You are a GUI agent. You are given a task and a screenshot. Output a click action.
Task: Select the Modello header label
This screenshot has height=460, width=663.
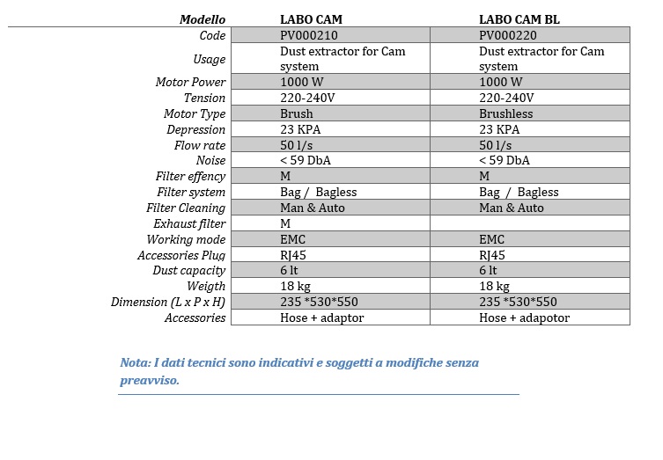pos(203,19)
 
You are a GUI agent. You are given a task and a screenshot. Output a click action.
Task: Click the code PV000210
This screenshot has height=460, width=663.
pos(309,36)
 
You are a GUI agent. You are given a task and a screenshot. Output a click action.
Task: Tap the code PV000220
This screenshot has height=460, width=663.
pos(508,36)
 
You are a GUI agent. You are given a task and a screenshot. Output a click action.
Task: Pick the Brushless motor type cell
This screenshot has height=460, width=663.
pos(506,114)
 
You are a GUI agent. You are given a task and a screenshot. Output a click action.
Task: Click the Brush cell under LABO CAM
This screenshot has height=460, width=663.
pos(297,114)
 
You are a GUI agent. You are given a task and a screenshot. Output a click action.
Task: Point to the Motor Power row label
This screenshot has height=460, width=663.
pos(190,83)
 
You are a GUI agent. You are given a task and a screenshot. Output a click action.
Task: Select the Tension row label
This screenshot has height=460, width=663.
pos(204,99)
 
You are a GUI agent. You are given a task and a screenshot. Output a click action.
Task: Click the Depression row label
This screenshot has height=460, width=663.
pos(196,130)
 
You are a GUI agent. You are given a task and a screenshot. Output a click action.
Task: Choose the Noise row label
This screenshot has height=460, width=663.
pos(210,161)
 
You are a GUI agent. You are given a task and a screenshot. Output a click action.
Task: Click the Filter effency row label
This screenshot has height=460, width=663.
pos(190,177)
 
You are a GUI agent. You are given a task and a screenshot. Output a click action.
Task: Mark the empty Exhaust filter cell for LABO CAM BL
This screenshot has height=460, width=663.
pos(529,224)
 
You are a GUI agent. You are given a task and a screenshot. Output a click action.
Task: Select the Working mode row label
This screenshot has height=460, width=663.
pos(186,240)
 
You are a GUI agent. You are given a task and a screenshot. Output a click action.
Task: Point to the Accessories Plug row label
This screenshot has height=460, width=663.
pos(181,256)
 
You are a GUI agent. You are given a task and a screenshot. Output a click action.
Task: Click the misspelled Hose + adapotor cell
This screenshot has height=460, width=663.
pos(524,318)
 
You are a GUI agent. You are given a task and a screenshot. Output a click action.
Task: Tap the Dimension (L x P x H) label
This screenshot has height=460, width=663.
pos(168,303)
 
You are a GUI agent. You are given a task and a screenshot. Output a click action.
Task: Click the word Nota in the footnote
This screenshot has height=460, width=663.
pos(135,362)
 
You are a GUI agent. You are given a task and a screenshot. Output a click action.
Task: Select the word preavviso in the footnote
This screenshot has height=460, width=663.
pos(148,381)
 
